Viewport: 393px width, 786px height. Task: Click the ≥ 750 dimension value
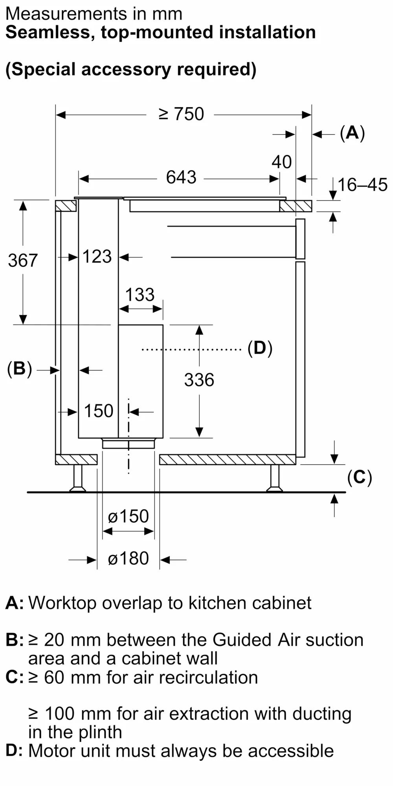tap(181, 114)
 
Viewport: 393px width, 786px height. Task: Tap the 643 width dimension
tap(181, 177)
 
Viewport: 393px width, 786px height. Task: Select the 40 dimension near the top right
tap(282, 162)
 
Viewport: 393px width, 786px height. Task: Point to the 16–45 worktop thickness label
tap(362, 185)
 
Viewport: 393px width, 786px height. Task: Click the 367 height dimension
tap(23, 261)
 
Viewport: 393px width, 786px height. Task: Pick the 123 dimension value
tap(97, 257)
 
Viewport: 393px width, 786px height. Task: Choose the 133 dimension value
tap(140, 295)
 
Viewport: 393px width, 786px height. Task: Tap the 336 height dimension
tap(199, 380)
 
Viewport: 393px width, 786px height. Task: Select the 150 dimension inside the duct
tap(99, 411)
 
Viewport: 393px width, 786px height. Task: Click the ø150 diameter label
tap(128, 516)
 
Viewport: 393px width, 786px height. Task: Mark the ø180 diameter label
tap(128, 558)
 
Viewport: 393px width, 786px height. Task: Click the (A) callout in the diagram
tap(352, 133)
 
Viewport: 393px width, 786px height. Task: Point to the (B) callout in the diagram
tap(19, 369)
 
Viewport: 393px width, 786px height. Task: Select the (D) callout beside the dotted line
tap(260, 348)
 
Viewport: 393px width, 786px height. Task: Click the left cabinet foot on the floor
tap(78, 479)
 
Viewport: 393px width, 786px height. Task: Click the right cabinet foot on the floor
tap(274, 479)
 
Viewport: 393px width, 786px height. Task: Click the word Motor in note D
tap(53, 751)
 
